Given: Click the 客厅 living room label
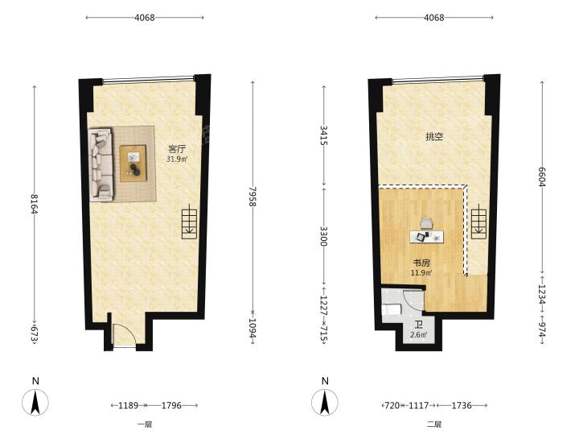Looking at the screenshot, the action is tap(177, 149).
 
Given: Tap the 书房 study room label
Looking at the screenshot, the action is tap(421, 263).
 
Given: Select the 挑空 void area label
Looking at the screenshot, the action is tap(434, 136).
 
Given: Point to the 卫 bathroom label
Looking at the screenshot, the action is tap(418, 325).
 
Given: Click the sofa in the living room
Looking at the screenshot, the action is tap(101, 164).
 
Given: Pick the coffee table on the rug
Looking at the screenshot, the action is tap(133, 163).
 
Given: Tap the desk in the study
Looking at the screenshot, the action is tap(426, 237).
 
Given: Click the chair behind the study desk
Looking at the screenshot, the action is tap(426, 224).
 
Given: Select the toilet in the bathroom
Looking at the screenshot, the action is tap(391, 309).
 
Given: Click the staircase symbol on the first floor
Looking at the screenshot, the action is tap(190, 224).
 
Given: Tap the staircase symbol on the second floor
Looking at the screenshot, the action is tap(479, 224).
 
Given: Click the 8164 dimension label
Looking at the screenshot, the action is tap(35, 204).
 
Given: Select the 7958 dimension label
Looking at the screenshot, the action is tap(253, 196).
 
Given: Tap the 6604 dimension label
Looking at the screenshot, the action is tap(542, 176).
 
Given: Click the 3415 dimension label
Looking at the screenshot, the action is tap(323, 135).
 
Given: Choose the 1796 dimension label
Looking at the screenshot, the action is tap(171, 405).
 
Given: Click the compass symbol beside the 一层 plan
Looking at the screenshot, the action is tap(35, 403).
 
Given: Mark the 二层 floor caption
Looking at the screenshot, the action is tap(434, 425).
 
